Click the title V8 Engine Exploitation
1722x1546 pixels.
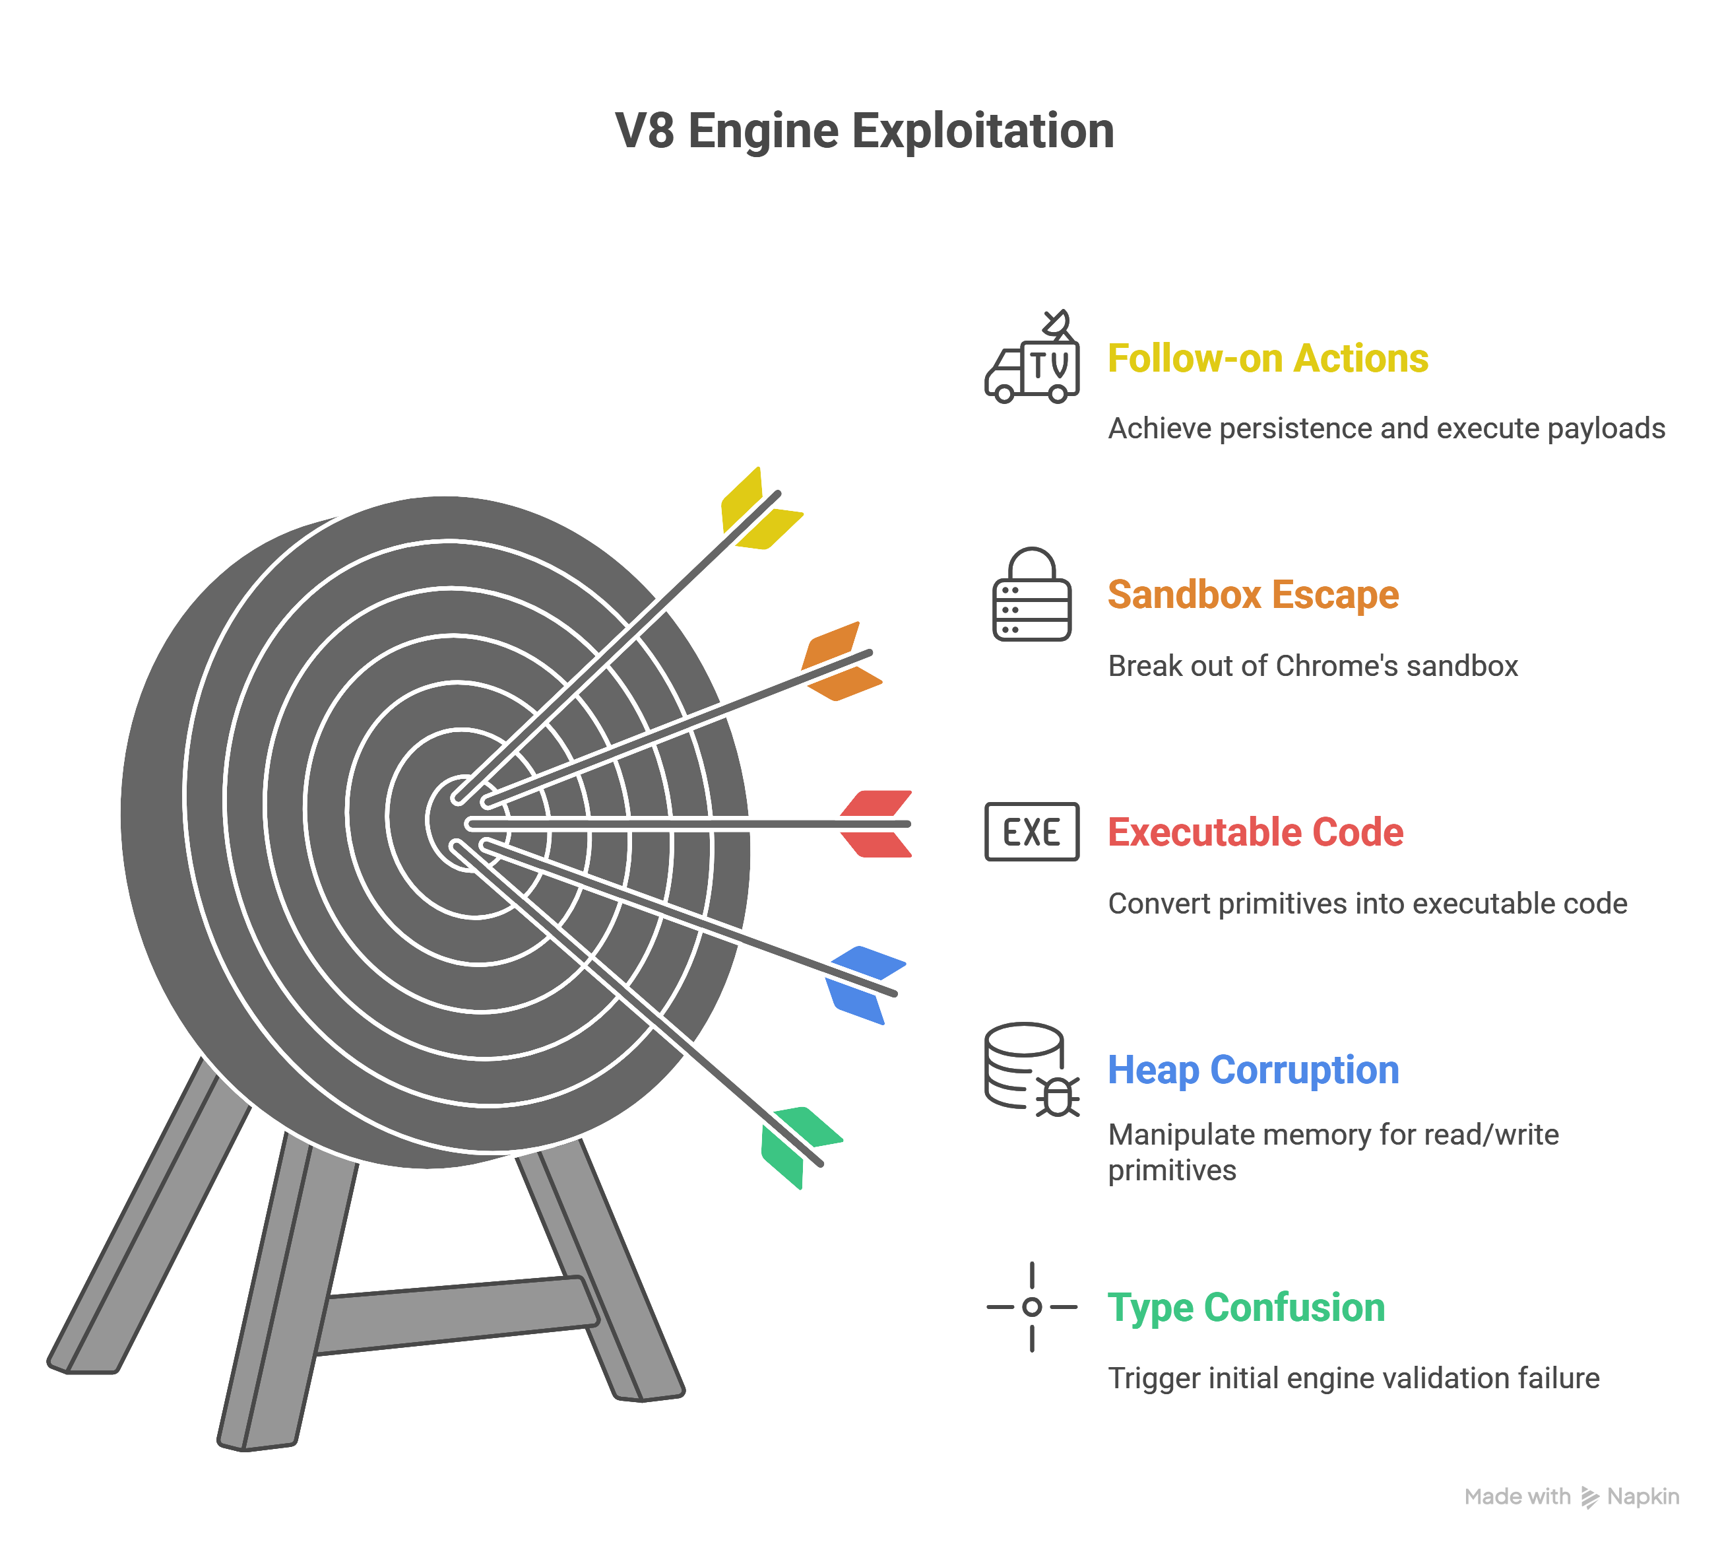(864, 131)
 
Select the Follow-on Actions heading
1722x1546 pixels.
(1267, 358)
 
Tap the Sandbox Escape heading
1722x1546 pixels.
(1254, 595)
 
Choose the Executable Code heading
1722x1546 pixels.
(1256, 832)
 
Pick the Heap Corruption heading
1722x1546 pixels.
(1254, 1069)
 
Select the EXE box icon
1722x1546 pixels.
(1032, 832)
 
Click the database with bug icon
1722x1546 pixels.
(1032, 1069)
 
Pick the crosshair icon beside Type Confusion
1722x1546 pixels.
(1032, 1306)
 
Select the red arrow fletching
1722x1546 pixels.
(876, 824)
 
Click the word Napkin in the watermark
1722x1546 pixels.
(1643, 1496)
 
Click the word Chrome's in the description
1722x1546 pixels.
(1337, 666)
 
